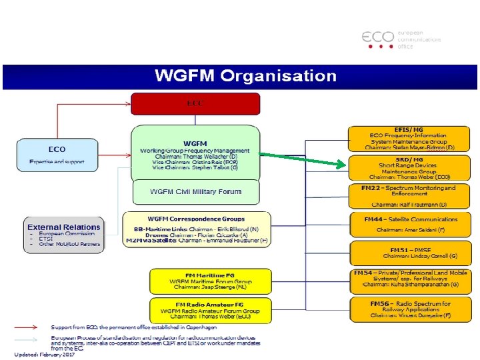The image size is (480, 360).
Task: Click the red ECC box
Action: click(195, 103)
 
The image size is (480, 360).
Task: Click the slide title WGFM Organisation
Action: click(246, 75)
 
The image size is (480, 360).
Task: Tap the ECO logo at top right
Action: click(401, 39)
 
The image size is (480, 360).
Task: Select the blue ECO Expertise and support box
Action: click(57, 155)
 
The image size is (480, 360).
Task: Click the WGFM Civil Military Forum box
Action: click(195, 192)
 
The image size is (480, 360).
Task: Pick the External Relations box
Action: click(64, 234)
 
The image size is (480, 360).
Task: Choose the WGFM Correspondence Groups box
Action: click(197, 229)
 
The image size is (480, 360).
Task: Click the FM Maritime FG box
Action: click(210, 281)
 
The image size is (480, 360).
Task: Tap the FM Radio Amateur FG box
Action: click(210, 310)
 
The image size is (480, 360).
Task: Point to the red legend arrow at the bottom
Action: click(30, 328)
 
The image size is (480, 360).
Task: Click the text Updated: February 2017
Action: click(45, 354)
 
